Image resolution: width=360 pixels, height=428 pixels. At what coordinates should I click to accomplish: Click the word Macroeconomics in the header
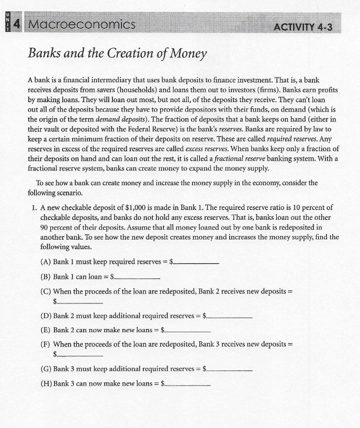[x=82, y=24]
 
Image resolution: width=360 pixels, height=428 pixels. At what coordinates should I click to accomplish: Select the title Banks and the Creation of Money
[x=118, y=53]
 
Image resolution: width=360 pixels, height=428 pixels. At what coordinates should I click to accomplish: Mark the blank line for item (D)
[x=229, y=317]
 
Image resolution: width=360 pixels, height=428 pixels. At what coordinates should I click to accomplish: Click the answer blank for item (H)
[x=187, y=385]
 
